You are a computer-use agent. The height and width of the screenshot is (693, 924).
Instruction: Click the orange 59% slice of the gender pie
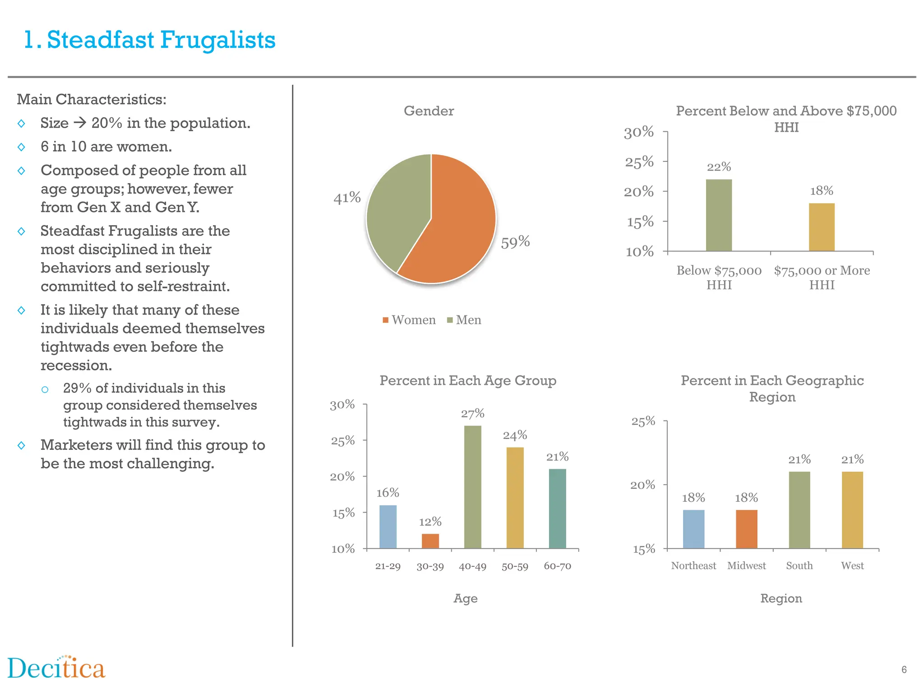click(456, 226)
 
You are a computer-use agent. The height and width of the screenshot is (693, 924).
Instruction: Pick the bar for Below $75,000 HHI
click(719, 216)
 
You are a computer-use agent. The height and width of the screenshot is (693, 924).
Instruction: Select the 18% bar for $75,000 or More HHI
click(822, 227)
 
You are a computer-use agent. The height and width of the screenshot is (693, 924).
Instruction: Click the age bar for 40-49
click(472, 487)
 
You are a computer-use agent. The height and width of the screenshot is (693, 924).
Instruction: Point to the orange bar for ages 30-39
click(430, 541)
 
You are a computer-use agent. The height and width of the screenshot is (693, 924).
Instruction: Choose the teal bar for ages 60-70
click(557, 509)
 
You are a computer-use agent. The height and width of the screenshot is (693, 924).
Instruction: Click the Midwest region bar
click(746, 529)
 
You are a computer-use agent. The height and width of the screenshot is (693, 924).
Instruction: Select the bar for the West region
click(852, 510)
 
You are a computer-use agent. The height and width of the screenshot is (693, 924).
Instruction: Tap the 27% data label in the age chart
click(472, 414)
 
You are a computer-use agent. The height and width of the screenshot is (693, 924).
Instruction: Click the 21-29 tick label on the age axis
click(388, 566)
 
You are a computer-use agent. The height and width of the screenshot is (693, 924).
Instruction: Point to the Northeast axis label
click(693, 566)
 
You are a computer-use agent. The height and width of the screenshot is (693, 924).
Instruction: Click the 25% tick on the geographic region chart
click(643, 421)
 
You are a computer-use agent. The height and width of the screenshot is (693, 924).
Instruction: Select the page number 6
click(904, 670)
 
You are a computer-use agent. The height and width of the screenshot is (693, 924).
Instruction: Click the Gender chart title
click(429, 111)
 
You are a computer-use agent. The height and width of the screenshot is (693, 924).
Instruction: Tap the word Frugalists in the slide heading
click(217, 40)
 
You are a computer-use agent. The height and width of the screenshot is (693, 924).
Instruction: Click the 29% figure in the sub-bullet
click(77, 388)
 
